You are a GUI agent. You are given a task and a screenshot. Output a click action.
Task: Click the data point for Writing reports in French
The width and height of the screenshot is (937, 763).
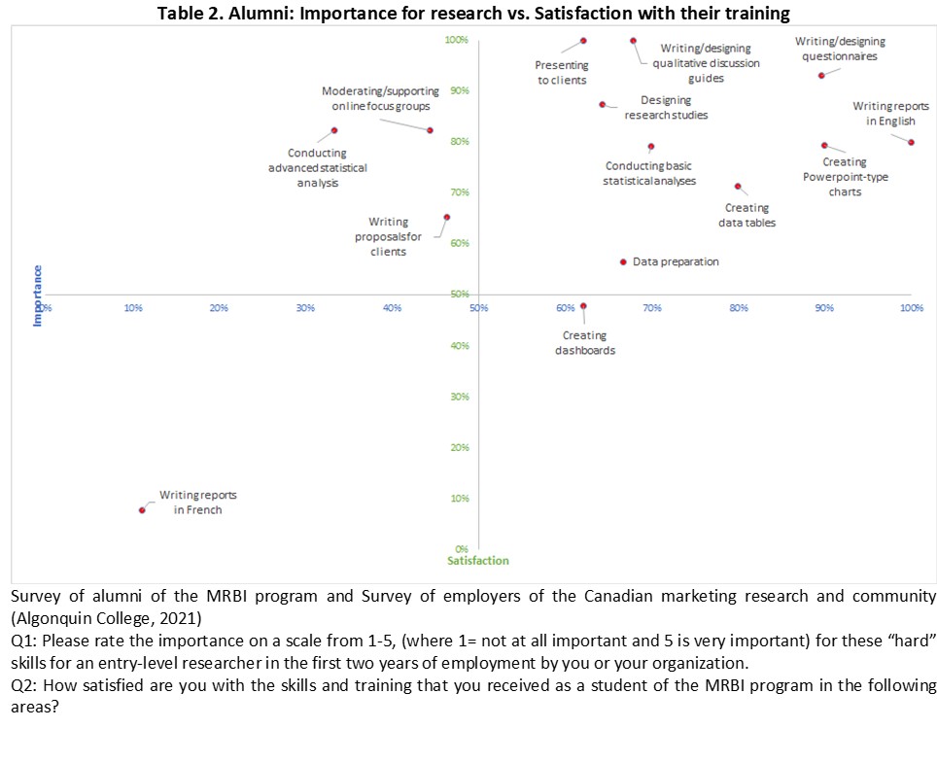tap(142, 509)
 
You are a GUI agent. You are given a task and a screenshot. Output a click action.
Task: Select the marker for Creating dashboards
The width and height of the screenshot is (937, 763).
tap(583, 305)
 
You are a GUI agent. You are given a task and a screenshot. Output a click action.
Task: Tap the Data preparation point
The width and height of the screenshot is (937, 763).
tap(622, 261)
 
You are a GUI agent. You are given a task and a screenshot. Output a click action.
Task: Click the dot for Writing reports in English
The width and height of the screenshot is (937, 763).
tap(911, 142)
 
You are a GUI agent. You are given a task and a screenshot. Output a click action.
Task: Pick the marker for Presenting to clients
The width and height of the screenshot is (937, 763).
tap(583, 41)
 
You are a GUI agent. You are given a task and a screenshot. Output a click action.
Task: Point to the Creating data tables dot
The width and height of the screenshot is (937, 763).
tap(738, 186)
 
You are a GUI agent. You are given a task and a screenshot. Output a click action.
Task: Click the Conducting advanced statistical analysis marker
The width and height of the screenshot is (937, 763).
tap(333, 130)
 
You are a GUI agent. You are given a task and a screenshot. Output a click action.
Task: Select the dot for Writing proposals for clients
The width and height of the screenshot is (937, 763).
tap(446, 217)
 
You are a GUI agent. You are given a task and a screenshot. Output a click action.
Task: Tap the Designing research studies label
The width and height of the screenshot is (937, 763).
tap(666, 107)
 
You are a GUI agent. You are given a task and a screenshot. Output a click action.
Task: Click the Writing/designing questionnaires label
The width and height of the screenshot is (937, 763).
tap(840, 49)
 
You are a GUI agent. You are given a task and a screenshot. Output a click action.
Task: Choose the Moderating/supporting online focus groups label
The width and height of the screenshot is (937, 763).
tap(380, 98)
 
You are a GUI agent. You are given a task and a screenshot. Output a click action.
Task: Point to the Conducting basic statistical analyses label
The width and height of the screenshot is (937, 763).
tap(649, 173)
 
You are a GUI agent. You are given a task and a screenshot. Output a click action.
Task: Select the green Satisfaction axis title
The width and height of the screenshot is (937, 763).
tap(477, 561)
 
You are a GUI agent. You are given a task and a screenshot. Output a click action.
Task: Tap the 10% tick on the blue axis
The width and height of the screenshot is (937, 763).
tap(133, 308)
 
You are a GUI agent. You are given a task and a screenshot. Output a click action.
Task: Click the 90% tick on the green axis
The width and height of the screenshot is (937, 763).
tap(460, 90)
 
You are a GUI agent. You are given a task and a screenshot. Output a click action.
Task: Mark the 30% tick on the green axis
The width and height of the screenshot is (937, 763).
tap(460, 397)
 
